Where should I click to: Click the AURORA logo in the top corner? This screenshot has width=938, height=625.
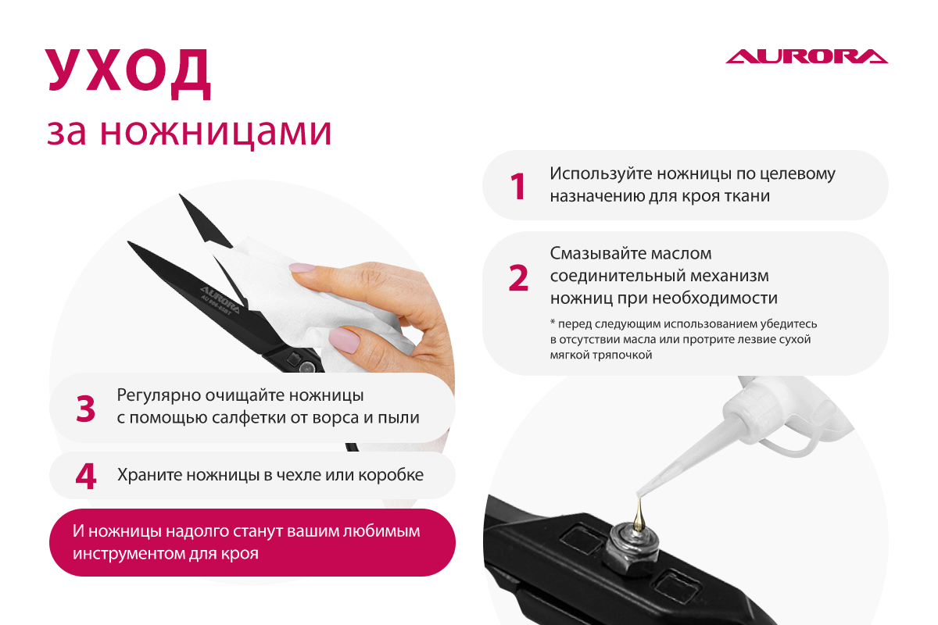[807, 56]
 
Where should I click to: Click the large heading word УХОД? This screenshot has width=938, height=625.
[127, 73]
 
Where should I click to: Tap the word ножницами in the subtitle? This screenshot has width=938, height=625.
[216, 133]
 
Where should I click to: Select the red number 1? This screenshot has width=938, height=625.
[518, 186]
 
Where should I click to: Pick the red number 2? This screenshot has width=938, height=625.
[518, 277]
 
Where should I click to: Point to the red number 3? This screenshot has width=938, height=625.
[85, 408]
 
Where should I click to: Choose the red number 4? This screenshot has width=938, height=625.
[86, 476]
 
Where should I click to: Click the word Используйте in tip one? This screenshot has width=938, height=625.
[601, 174]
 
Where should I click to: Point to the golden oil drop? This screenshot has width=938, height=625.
[639, 516]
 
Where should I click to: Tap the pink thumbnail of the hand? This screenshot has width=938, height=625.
[344, 341]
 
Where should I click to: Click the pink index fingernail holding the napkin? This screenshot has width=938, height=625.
[303, 267]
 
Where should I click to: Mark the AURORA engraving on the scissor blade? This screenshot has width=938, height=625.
[220, 300]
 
